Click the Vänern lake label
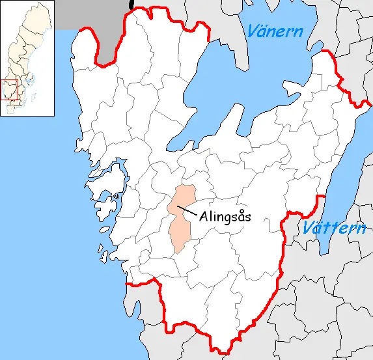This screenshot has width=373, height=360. tap(275, 30)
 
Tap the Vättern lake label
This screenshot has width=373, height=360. tap(335, 228)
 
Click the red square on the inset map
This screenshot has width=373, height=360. tap(10, 90)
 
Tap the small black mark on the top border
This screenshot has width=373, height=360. tap(131, 4)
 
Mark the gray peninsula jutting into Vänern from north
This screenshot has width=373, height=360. tap(238, 49)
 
